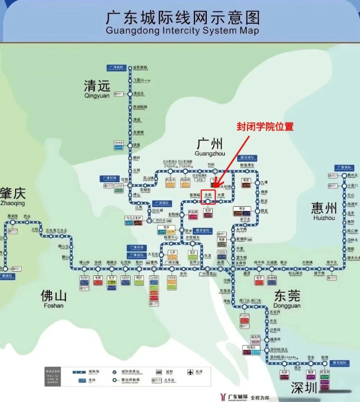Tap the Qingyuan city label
[x=97, y=88]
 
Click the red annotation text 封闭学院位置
[x=265, y=127]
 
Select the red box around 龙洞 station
[x=208, y=196]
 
